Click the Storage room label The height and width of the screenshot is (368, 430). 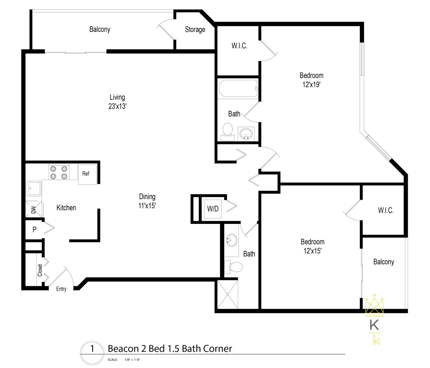195,29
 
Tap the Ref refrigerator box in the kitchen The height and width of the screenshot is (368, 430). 87,174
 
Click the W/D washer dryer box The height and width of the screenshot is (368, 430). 213,209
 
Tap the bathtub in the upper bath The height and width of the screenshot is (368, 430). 238,89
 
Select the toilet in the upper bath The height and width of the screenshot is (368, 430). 227,131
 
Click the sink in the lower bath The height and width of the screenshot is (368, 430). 231,241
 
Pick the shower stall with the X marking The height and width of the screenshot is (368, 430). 227,294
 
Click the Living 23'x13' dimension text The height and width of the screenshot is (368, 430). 117,106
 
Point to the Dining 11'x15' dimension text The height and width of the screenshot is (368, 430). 147,206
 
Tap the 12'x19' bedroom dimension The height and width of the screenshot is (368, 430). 311,85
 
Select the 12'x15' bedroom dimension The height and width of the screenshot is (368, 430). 312,251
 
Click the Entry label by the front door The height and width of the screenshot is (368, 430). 61,289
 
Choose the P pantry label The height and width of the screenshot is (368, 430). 34,230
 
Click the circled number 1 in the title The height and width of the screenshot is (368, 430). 92,349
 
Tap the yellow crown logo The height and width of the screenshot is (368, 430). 374,304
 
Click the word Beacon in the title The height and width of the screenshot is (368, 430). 123,349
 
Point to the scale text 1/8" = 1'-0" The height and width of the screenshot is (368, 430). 132,360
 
